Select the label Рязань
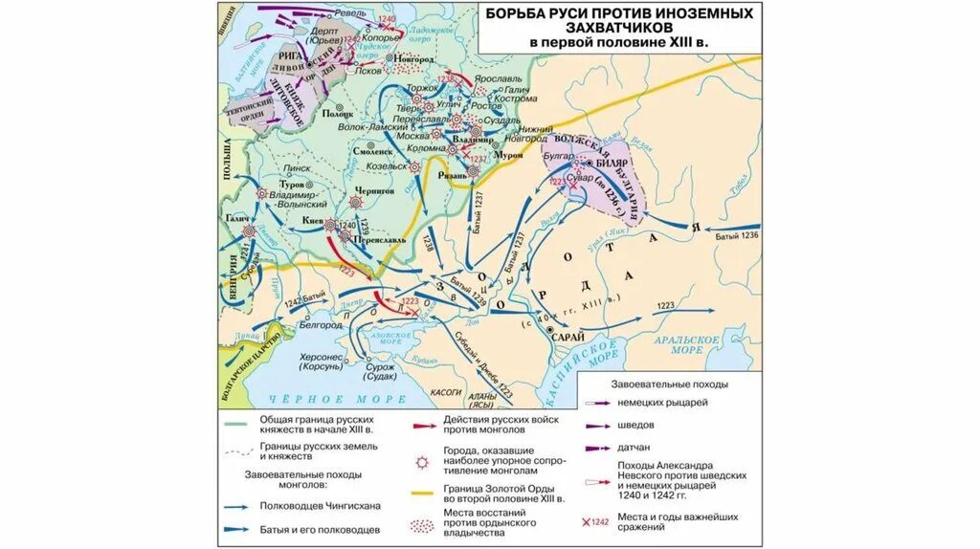(x=452, y=177)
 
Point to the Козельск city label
(x=385, y=166)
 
